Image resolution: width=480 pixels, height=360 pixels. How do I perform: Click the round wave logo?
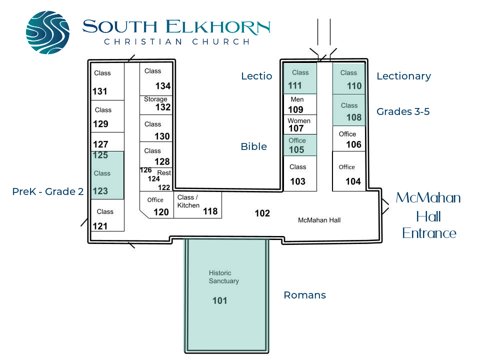click(48, 32)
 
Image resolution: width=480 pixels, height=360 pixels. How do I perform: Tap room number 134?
click(163, 86)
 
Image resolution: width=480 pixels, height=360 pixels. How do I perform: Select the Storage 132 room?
click(156, 105)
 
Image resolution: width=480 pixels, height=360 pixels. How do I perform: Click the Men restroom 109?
click(300, 104)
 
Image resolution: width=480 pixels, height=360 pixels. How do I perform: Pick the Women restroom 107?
click(300, 124)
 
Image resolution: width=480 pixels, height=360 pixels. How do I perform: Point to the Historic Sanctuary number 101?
click(220, 300)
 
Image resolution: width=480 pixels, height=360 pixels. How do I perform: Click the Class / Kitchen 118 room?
click(198, 205)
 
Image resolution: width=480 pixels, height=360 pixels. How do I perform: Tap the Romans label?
click(305, 295)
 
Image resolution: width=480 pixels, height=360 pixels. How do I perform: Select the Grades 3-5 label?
click(403, 111)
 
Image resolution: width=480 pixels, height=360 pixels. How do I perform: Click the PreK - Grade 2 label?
click(48, 191)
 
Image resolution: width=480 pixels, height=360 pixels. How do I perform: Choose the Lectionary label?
click(404, 76)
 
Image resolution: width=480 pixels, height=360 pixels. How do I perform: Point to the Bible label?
click(254, 146)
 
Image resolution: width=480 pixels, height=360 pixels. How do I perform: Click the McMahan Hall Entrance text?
click(428, 215)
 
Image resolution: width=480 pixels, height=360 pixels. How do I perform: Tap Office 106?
click(349, 138)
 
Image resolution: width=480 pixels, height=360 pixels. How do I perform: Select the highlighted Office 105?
click(300, 145)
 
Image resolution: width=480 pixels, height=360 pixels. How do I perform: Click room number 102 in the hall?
click(262, 213)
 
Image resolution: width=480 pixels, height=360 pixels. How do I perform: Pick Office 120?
click(156, 205)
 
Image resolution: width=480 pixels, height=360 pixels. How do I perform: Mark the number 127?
click(100, 144)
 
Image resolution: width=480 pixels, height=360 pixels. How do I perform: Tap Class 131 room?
click(107, 81)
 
